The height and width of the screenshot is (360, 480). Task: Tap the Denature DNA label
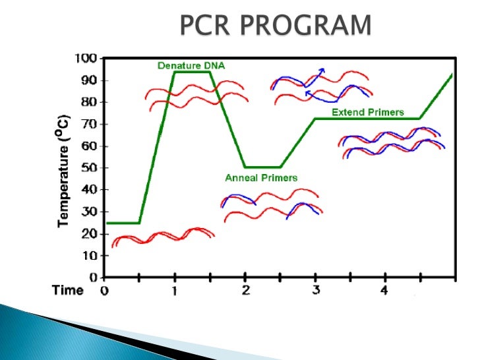[x=189, y=65]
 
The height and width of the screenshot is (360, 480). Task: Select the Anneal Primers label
[x=261, y=178]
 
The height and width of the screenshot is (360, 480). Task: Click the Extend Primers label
[x=367, y=112]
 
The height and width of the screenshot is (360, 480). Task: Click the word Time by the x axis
[x=68, y=290]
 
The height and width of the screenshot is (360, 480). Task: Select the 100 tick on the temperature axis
[x=88, y=59]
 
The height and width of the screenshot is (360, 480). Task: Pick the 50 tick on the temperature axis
[x=92, y=167]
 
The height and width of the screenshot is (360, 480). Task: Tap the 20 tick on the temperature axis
[x=92, y=233]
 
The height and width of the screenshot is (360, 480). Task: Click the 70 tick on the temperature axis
[x=92, y=124]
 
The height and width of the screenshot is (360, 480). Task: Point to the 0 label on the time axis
[x=104, y=290]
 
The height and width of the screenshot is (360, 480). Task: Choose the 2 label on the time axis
[x=245, y=290]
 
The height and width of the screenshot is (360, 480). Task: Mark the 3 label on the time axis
[x=315, y=290]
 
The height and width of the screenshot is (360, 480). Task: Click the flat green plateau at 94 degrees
[x=192, y=72]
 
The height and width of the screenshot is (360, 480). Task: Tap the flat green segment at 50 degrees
[x=262, y=167]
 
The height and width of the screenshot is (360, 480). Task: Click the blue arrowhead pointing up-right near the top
[x=321, y=69]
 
